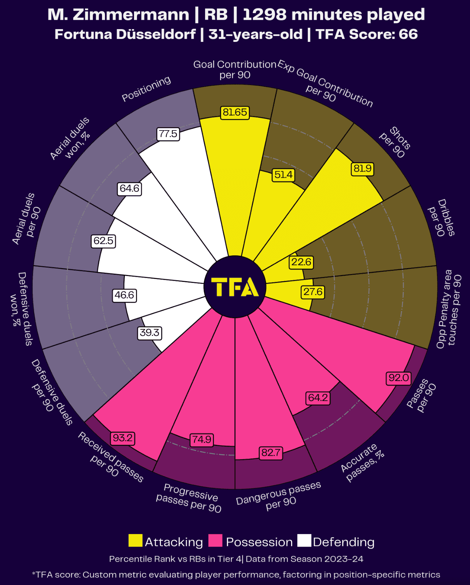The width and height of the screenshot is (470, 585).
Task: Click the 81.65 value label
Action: pos(235,112)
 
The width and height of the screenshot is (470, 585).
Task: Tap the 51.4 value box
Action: pos(283,175)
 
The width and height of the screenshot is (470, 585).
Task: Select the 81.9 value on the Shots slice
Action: pos(363,168)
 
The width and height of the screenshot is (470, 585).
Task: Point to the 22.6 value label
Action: pos(301,262)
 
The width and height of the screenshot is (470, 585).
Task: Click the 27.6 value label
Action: pos(313,292)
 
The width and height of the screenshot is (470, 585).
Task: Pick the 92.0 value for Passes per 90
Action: pos(399,378)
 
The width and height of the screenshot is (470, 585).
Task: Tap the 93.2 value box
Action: pos(122,438)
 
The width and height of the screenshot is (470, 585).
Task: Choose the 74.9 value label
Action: pos(202,439)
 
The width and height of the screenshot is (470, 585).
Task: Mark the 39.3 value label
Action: pos(150,333)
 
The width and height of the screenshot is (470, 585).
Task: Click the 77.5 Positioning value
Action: pos(168,134)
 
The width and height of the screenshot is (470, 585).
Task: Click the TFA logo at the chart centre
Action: pos(235,287)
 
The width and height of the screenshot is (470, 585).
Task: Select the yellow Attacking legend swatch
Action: pos(135,541)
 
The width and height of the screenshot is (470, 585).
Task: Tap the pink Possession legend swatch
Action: pos(215,541)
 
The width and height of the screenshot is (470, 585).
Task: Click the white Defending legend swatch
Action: pos(304,541)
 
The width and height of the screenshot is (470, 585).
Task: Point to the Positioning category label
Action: pos(146,89)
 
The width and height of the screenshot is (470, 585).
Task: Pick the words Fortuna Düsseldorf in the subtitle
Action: pos(125,34)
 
